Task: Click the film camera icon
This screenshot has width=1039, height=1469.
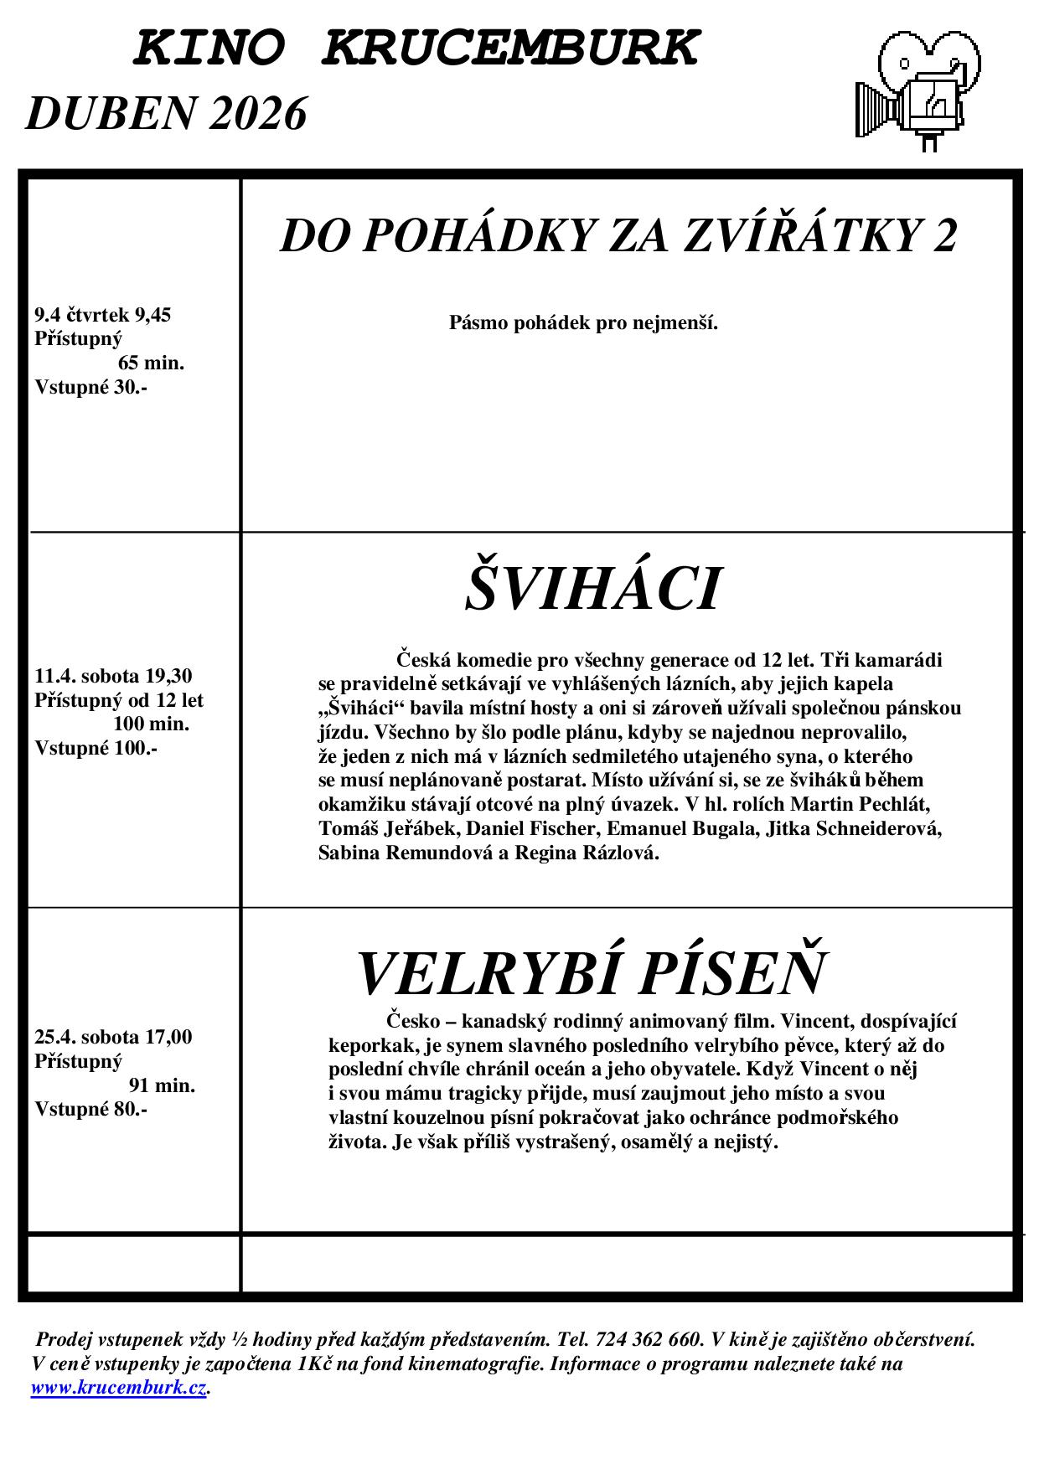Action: [918, 88]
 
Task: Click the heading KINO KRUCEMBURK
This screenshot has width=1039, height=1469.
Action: [416, 48]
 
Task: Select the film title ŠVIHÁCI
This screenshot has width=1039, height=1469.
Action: [592, 589]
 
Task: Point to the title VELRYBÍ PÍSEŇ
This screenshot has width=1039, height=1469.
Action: [592, 972]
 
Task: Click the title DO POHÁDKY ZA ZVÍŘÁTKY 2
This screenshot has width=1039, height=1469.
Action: [618, 235]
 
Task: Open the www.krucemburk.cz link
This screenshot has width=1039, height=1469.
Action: [118, 1387]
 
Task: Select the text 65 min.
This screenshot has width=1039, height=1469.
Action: [151, 363]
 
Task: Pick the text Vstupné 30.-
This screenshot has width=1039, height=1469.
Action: [90, 387]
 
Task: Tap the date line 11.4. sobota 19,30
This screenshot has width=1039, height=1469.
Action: [113, 676]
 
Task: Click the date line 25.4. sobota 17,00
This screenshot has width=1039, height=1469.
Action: [113, 1037]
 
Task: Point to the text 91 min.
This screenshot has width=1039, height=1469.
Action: [162, 1085]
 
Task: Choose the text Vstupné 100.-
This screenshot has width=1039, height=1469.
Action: [96, 748]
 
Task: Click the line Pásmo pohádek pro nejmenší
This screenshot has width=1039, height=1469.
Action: [583, 322]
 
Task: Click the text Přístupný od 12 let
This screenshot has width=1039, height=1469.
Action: [119, 699]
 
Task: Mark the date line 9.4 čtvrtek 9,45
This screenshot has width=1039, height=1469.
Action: [103, 315]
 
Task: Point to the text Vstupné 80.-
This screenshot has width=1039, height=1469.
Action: [90, 1109]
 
